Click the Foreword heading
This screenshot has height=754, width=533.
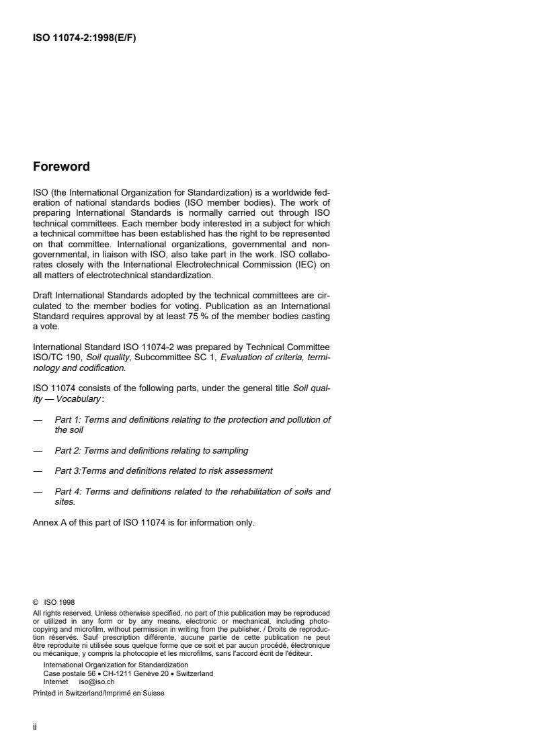pyautogui.click(x=61, y=167)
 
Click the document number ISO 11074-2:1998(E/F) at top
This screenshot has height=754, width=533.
pyautogui.click(x=85, y=38)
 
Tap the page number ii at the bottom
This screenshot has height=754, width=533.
pyautogui.click(x=35, y=727)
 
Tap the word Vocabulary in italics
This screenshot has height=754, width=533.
pyautogui.click(x=79, y=399)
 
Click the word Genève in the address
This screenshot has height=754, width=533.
pyautogui.click(x=142, y=673)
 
